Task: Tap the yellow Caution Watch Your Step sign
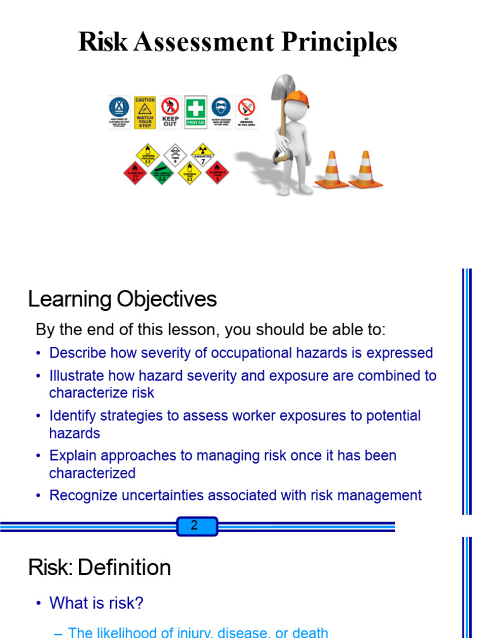coord(144,113)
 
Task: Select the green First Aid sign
coord(195,112)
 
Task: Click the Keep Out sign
coord(170,113)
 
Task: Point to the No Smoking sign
coord(246,113)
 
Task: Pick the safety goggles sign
coord(221,113)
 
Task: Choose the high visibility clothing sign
coord(119,113)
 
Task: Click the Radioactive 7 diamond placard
coord(199,153)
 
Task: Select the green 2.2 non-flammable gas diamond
coord(162,173)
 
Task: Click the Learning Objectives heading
coord(123,300)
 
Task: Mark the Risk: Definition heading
coord(100,568)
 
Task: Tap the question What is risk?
coord(96,603)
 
